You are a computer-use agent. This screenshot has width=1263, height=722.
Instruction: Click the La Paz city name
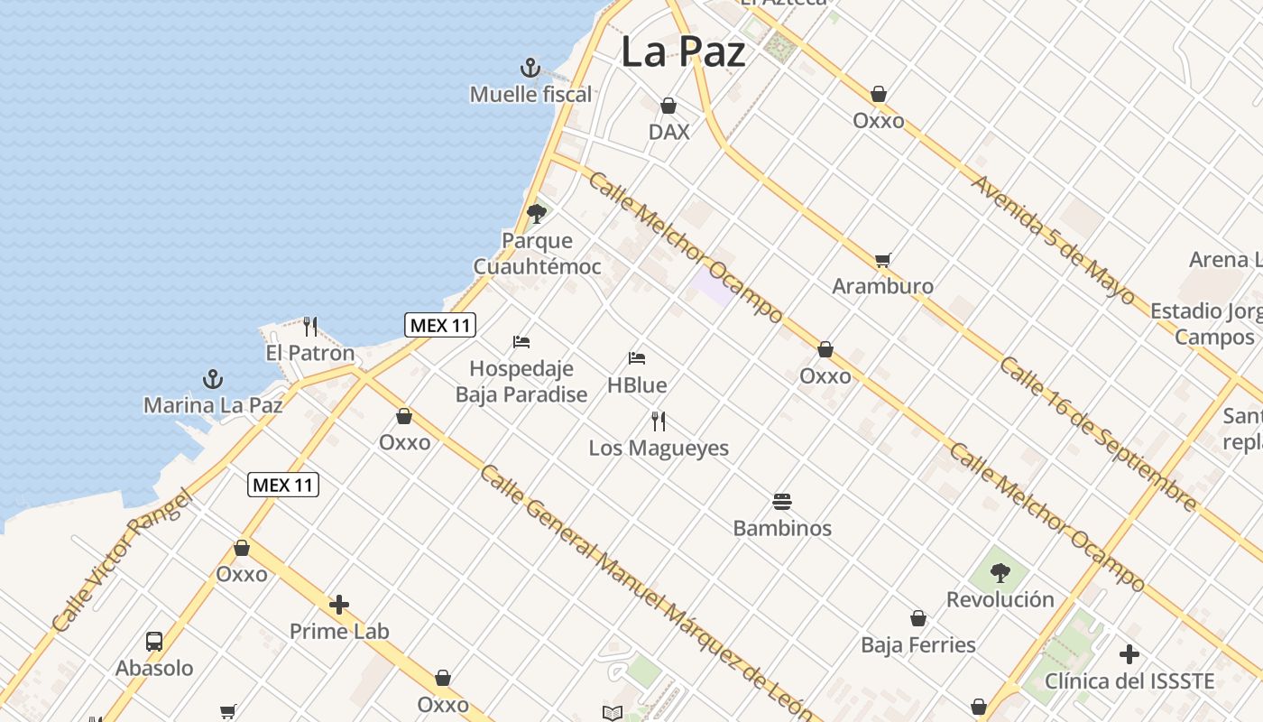pyautogui.click(x=683, y=51)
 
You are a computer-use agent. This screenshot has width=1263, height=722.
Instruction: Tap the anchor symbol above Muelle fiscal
pyautogui.click(x=530, y=68)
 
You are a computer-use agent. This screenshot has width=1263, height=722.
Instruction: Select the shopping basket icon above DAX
pyautogui.click(x=668, y=106)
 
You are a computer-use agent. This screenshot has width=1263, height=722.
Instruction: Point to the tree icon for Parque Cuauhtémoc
pyautogui.click(x=537, y=214)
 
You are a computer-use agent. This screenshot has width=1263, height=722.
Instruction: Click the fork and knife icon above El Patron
pyautogui.click(x=310, y=326)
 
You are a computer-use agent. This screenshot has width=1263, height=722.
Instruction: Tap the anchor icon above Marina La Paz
pyautogui.click(x=213, y=378)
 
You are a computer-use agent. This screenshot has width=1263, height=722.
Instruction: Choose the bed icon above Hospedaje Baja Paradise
pyautogui.click(x=521, y=342)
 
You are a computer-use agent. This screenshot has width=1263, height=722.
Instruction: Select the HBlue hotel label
pyautogui.click(x=637, y=385)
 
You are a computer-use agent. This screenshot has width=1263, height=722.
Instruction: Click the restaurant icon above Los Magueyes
pyautogui.click(x=659, y=421)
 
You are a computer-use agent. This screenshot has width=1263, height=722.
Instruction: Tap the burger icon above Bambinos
pyautogui.click(x=782, y=502)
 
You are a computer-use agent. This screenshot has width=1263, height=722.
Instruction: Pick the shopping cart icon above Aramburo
pyautogui.click(x=882, y=261)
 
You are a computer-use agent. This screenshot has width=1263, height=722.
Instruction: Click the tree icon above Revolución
pyautogui.click(x=1000, y=572)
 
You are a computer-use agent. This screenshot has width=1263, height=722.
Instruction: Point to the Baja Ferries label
pyautogui.click(x=918, y=644)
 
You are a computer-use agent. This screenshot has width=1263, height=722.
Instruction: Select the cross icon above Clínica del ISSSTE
pyautogui.click(x=1129, y=654)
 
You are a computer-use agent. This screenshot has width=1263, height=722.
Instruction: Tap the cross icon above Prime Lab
pyautogui.click(x=339, y=605)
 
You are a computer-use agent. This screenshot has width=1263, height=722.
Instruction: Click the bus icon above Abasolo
pyautogui.click(x=154, y=642)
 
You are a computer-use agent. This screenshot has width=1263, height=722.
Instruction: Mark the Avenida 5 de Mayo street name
pyautogui.click(x=1053, y=239)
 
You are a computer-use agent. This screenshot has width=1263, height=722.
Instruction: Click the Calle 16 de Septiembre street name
pyautogui.click(x=1098, y=434)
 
